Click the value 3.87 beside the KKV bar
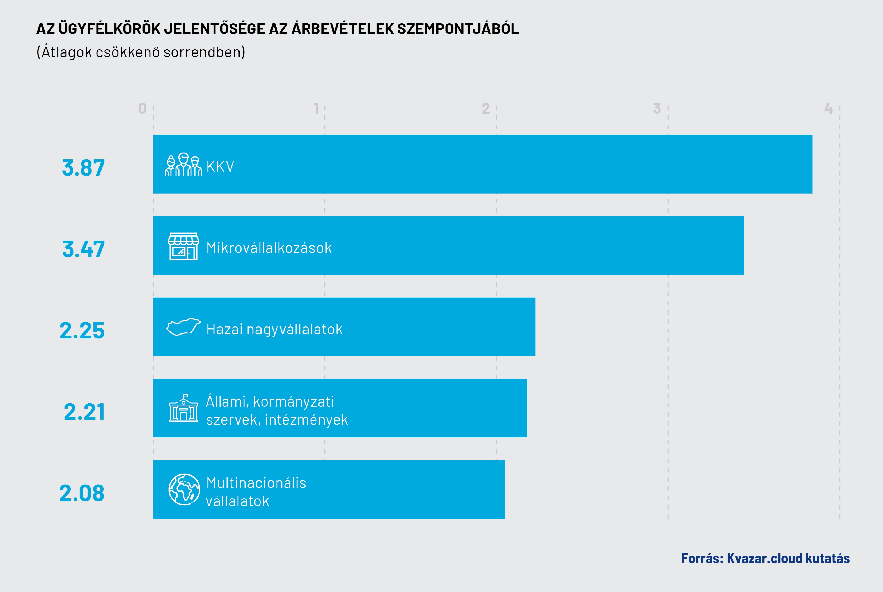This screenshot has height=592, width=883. [83, 168]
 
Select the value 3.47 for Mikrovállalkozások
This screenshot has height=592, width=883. [83, 249]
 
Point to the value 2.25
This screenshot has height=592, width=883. [82, 330]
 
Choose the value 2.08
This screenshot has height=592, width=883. [82, 493]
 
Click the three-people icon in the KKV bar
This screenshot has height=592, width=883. [183, 165]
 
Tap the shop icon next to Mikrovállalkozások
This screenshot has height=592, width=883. [183, 246]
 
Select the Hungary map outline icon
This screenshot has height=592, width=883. [183, 327]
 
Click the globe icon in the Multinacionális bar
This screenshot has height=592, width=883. [184, 489]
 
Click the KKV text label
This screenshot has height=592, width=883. [220, 167]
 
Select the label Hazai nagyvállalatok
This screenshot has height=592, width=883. [274, 329]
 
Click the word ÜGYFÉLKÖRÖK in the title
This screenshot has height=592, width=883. [109, 29]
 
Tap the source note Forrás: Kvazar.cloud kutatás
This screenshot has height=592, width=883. [765, 558]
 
